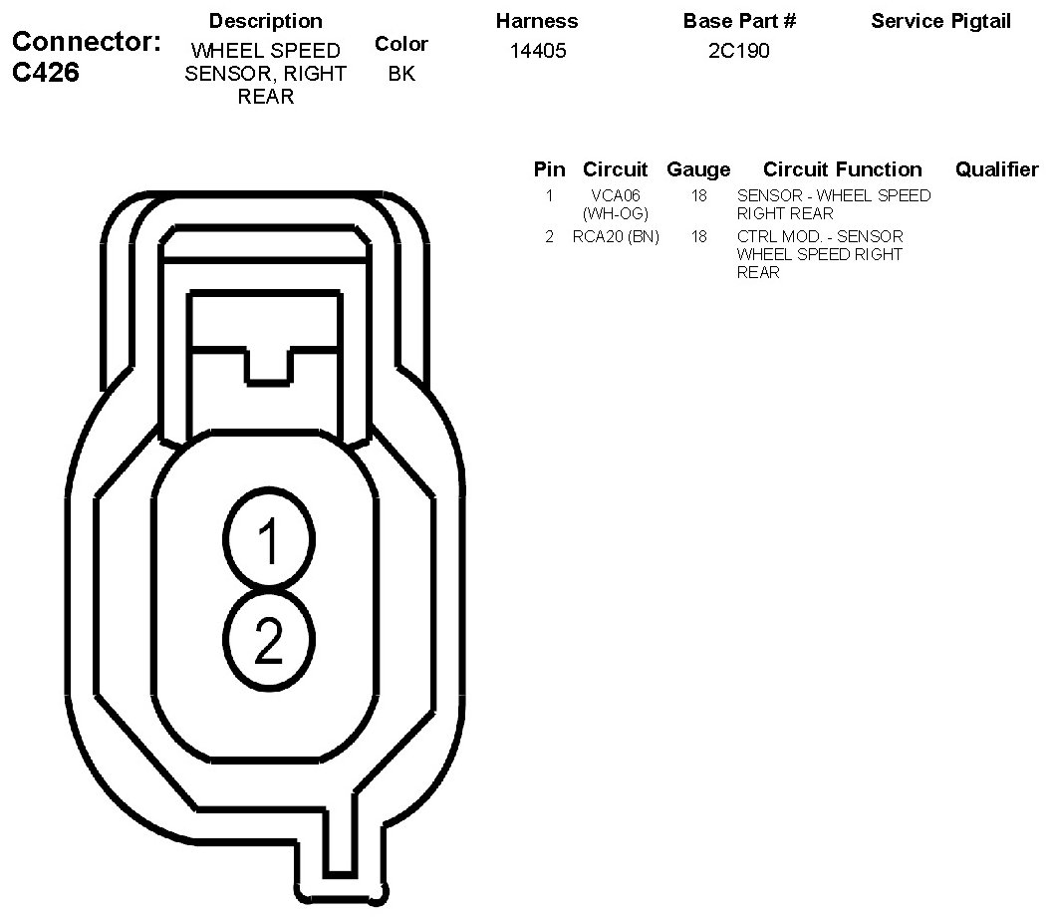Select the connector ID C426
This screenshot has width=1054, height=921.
[46, 72]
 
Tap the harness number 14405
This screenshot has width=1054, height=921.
[538, 51]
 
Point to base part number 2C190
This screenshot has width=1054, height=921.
[739, 51]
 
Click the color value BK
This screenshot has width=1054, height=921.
[401, 74]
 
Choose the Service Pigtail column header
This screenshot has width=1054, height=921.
[940, 21]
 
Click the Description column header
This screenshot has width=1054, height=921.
[266, 21]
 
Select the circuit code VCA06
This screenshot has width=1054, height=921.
[616, 195]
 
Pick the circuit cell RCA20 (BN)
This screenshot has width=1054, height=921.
[616, 237]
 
